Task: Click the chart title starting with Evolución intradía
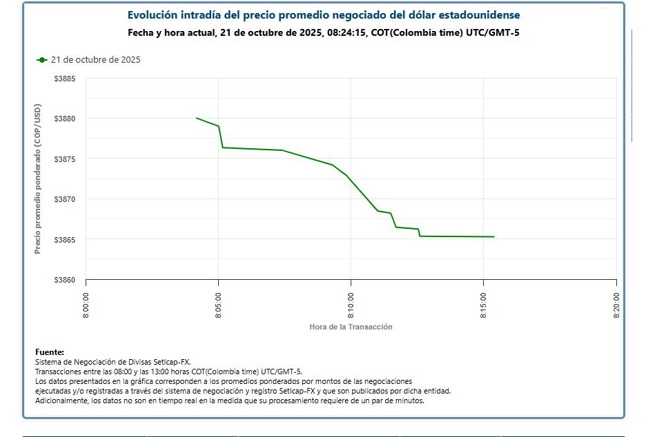[324, 14]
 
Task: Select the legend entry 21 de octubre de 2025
[95, 60]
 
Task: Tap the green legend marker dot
[42, 60]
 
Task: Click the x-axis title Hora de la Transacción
[351, 327]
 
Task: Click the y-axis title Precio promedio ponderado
[38, 179]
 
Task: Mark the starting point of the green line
[197, 118]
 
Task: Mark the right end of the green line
[494, 236]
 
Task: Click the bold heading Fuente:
[50, 352]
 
